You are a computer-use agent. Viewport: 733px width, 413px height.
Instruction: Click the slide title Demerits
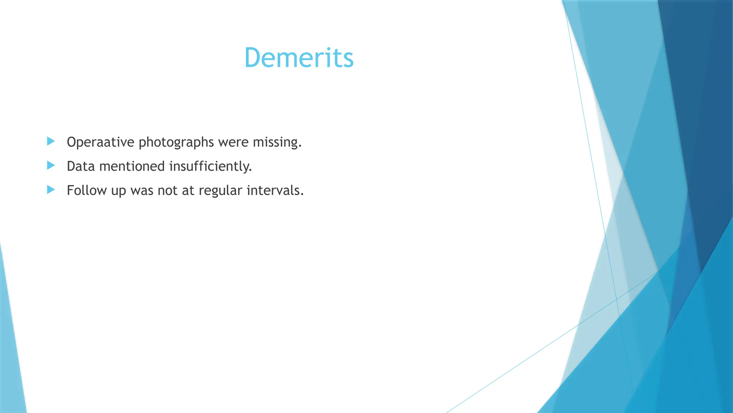point(299,58)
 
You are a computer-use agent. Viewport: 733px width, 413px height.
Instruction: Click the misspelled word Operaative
point(100,142)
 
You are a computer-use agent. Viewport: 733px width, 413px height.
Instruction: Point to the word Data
point(81,166)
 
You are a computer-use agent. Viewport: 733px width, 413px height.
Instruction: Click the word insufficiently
point(210,166)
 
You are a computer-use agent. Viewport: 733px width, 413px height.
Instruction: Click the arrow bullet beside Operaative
point(51,141)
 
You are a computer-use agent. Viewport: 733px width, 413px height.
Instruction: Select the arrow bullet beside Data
point(51,165)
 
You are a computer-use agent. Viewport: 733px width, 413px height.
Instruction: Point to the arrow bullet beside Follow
point(51,189)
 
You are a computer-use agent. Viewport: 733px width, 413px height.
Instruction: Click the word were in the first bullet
point(233,142)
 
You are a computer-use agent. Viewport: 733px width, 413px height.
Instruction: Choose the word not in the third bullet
point(168,190)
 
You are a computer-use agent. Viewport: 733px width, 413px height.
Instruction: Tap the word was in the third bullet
point(142,190)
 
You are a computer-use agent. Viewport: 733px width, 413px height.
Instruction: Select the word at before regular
point(188,190)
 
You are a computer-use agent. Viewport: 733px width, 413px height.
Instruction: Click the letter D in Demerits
point(254,58)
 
